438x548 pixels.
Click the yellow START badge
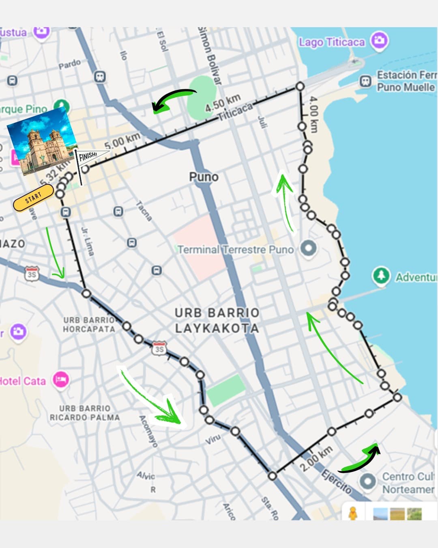[x=33, y=198]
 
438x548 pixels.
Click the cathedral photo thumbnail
[x=43, y=141]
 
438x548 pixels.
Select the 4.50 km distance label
[x=223, y=103]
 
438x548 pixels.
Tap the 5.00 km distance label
[x=122, y=141]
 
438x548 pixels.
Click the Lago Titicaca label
[x=332, y=42]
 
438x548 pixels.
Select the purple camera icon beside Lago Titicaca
[x=380, y=41]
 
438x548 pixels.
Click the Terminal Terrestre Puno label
[x=236, y=249]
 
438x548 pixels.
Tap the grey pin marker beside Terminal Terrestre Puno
[x=309, y=248]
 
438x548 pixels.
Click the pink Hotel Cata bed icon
[x=61, y=380]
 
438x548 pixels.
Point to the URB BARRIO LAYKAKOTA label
[x=217, y=320]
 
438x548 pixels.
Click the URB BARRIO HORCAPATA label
[x=89, y=324]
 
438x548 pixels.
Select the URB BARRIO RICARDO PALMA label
[x=85, y=413]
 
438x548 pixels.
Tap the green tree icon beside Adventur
[x=381, y=276]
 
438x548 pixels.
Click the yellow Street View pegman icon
[x=353, y=513]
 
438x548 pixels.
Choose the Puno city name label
[x=204, y=177]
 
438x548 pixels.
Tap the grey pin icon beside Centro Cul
[x=367, y=481]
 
